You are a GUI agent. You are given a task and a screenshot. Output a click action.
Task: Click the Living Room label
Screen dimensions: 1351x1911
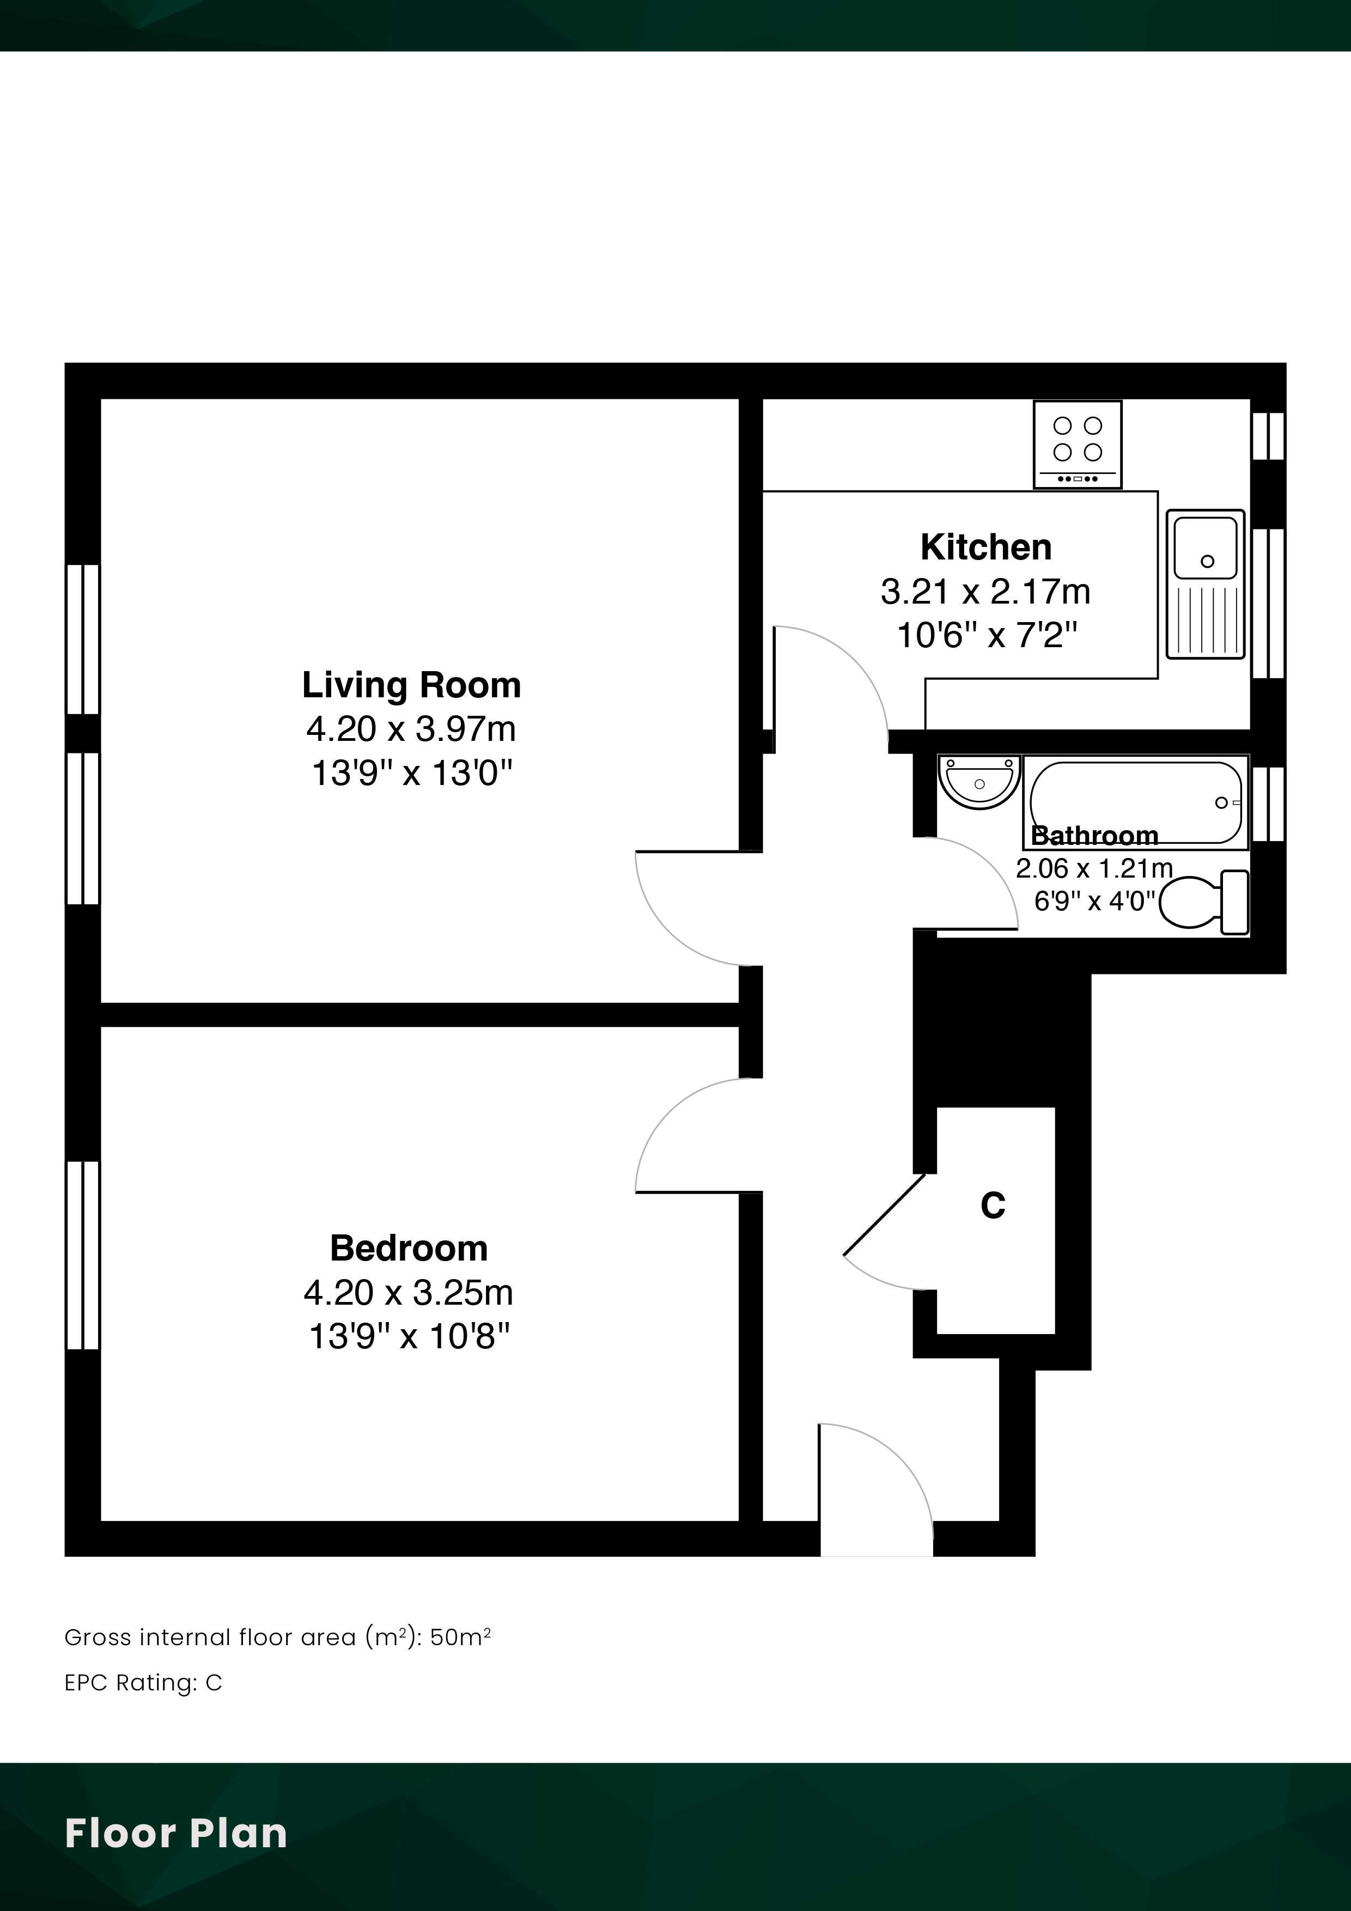(x=411, y=685)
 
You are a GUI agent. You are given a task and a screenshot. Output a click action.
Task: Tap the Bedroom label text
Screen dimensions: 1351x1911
(x=409, y=1249)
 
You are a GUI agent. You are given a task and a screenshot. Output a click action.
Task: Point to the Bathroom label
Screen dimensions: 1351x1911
(x=1094, y=835)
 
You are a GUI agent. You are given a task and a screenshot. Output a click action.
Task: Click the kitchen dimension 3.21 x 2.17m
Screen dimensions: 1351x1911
(x=985, y=592)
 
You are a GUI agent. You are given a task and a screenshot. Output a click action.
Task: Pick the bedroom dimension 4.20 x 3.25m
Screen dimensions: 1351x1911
(x=409, y=1293)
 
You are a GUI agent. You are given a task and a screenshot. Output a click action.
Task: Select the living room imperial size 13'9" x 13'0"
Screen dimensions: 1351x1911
(x=411, y=773)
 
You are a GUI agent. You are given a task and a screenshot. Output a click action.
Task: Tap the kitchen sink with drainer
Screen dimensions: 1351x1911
(x=1206, y=585)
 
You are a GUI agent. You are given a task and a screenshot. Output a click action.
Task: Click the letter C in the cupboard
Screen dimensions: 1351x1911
(x=993, y=1204)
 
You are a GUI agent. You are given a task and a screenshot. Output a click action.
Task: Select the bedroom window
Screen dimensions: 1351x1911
(x=82, y=1255)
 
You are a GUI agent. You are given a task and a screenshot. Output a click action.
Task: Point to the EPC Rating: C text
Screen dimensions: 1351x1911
(x=143, y=1683)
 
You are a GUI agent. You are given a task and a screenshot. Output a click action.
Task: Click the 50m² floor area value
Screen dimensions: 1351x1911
(x=460, y=1637)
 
